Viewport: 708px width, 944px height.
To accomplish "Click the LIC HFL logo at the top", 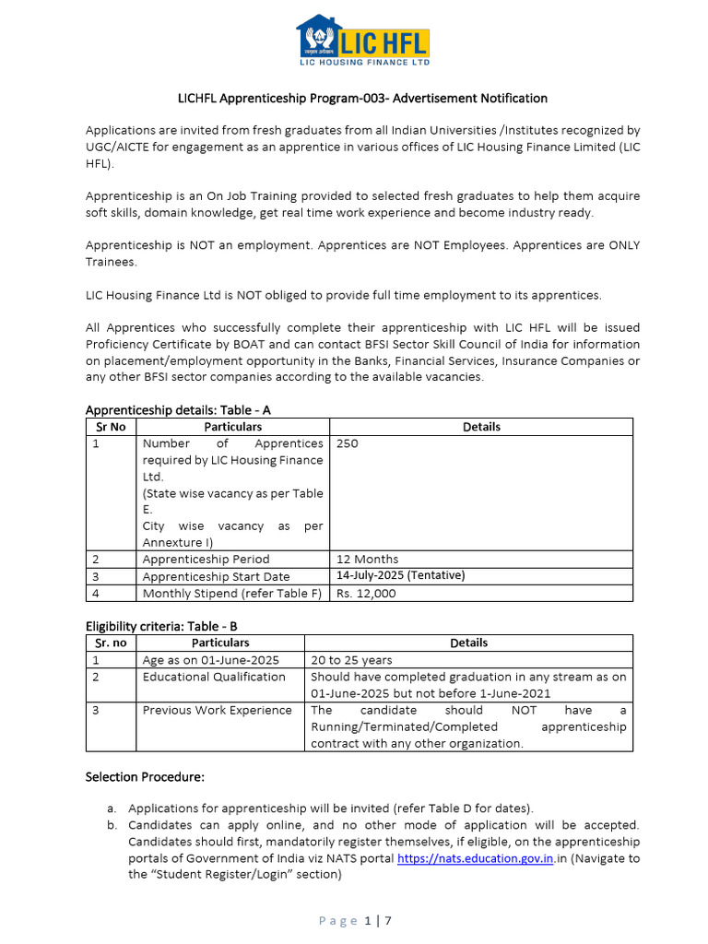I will coord(361,41).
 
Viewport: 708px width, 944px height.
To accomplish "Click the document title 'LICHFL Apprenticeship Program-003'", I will coord(361,98).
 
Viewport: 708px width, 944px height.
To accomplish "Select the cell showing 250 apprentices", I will coord(348,443).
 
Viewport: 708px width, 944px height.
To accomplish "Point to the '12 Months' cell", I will coord(367,559).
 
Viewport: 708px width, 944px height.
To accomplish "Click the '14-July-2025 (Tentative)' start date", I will coord(400,575).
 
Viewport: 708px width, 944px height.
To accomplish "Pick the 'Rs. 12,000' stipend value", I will coord(366,594).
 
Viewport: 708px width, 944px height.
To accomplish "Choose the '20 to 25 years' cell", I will coord(351,660).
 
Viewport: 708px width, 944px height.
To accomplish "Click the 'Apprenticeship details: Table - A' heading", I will coord(178,409).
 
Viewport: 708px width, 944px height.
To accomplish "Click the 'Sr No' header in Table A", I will coord(111,427).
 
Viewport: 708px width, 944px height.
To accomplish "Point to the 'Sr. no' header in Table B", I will coord(111,643).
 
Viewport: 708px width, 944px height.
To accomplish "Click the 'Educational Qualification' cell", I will coord(214,677).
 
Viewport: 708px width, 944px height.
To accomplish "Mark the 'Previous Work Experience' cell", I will coord(217,710).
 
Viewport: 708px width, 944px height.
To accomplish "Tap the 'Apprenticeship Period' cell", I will coord(206,559).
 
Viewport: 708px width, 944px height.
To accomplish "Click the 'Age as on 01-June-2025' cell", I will coord(210,660).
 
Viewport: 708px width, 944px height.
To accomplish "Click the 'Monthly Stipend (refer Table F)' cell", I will coord(232,594).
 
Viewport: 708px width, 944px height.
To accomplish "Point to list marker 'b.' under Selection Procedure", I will coord(112,825).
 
